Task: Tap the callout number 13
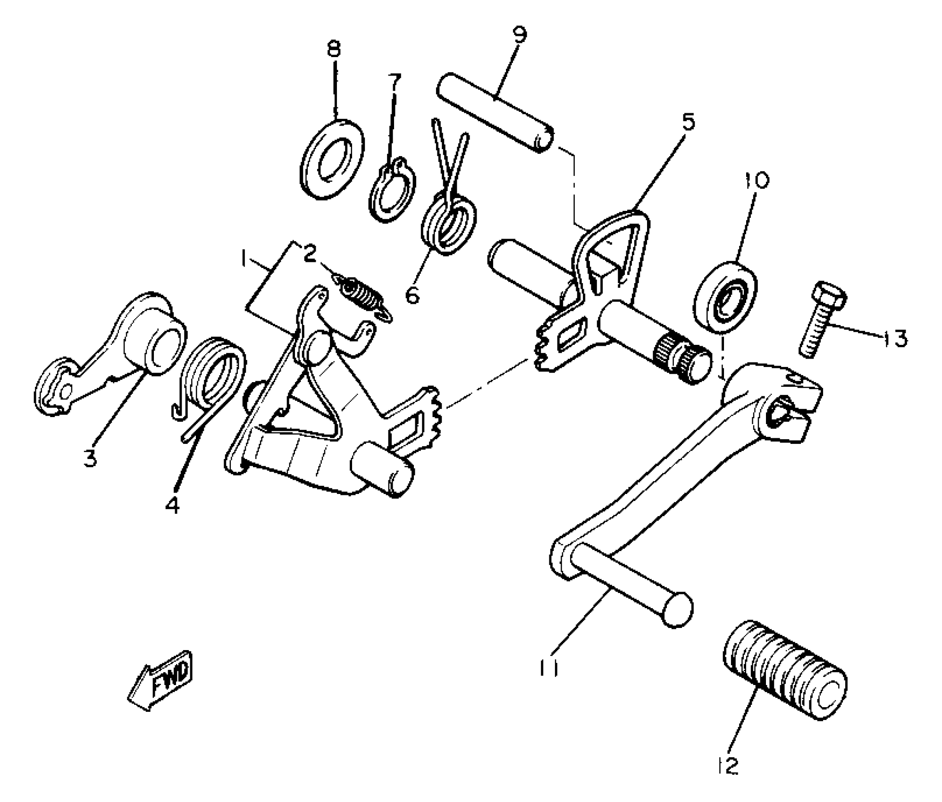(894, 338)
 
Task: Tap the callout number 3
(90, 457)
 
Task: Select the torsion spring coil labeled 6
(448, 226)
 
